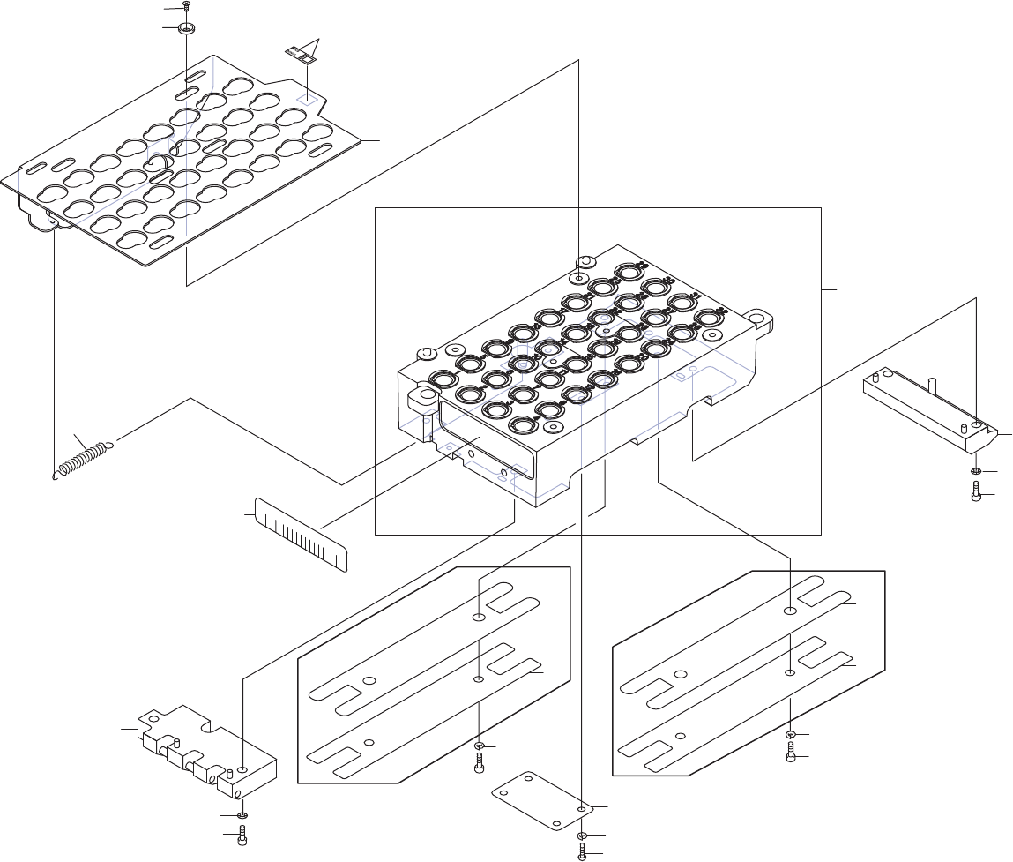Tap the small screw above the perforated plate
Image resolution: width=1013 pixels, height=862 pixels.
point(187,6)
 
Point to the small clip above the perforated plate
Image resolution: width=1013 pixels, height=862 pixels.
point(302,56)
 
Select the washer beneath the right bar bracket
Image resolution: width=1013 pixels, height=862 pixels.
point(976,471)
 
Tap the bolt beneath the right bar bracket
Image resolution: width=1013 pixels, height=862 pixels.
point(976,490)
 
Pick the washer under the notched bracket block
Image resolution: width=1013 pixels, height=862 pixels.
point(242,814)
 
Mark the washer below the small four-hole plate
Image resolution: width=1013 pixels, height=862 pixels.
point(582,835)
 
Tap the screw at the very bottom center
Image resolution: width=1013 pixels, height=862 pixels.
point(582,852)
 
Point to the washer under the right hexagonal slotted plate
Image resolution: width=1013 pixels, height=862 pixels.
point(791,735)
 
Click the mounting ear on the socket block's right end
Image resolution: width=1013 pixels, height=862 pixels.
point(758,319)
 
